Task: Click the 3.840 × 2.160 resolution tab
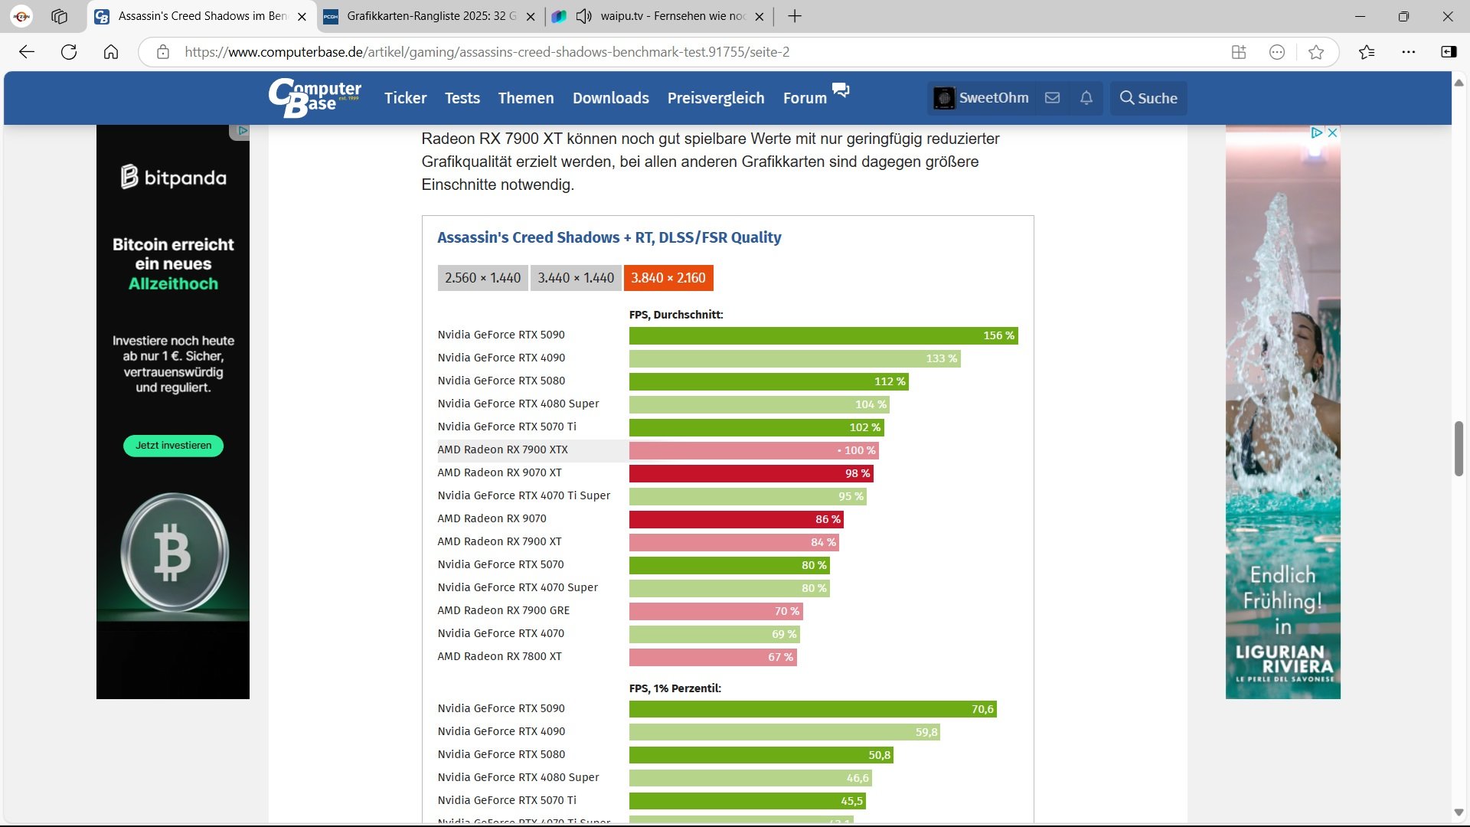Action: click(668, 278)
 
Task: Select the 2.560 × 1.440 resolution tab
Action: click(482, 278)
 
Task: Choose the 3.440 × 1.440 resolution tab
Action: click(576, 278)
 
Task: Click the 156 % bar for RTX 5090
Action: click(823, 335)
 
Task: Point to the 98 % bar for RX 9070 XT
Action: click(750, 473)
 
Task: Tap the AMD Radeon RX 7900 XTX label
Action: click(502, 449)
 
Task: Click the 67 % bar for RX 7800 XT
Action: click(712, 657)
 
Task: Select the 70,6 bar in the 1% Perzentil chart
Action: click(812, 709)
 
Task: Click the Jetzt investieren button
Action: click(173, 446)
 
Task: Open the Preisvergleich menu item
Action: click(716, 98)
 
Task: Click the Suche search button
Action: click(1148, 98)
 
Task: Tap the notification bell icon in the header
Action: click(1086, 98)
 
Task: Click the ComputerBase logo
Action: click(315, 97)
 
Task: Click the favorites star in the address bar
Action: click(1316, 52)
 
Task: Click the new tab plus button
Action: click(795, 16)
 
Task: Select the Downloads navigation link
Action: click(611, 98)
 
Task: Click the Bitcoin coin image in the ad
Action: click(174, 552)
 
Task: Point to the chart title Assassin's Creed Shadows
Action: click(609, 237)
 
